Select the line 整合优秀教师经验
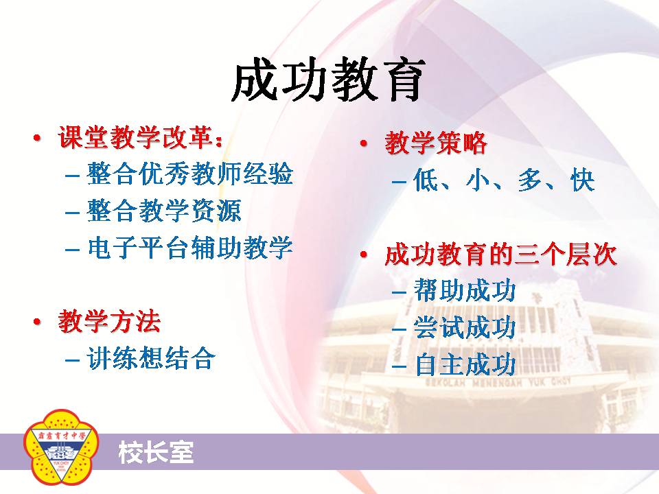click(189, 174)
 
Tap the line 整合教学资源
click(164, 210)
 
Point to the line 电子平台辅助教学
click(190, 247)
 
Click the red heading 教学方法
click(109, 321)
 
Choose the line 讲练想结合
click(151, 358)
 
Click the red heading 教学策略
click(436, 143)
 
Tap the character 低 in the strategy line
click(426, 180)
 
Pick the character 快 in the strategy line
click(583, 180)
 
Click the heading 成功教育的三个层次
click(500, 254)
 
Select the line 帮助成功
click(465, 290)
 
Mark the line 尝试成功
click(465, 327)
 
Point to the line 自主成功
click(465, 364)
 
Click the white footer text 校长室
click(156, 452)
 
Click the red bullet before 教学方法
click(37, 322)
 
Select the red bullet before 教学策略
click(364, 143)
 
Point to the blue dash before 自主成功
click(399, 366)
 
